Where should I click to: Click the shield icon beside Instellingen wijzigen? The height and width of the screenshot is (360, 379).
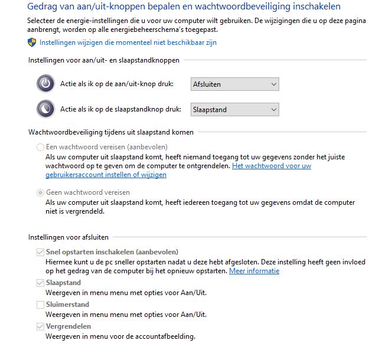[32, 42]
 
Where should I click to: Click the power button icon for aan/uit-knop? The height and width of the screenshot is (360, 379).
[45, 84]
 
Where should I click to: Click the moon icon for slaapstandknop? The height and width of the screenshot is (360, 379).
[45, 109]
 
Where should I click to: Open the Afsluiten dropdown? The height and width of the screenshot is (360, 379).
[234, 84]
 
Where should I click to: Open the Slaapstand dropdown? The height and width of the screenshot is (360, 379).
[234, 109]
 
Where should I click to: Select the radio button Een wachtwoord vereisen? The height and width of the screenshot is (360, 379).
[40, 147]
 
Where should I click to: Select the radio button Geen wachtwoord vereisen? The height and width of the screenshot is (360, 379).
[40, 192]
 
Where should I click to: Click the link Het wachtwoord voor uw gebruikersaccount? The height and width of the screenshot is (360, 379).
[272, 166]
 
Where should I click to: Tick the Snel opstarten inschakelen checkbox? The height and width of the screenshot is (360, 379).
[40, 252]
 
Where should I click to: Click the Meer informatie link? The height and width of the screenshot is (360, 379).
[254, 271]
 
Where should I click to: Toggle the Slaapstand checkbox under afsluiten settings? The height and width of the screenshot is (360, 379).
[40, 283]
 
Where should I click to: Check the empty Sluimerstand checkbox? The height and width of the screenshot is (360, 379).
[40, 305]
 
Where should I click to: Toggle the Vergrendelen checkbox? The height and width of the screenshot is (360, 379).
[40, 326]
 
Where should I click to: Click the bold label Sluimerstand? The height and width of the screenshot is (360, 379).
[67, 305]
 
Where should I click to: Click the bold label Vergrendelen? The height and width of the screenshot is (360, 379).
[68, 326]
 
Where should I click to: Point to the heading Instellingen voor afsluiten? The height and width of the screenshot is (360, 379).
[68, 237]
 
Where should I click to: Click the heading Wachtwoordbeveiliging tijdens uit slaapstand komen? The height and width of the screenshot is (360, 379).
[111, 132]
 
